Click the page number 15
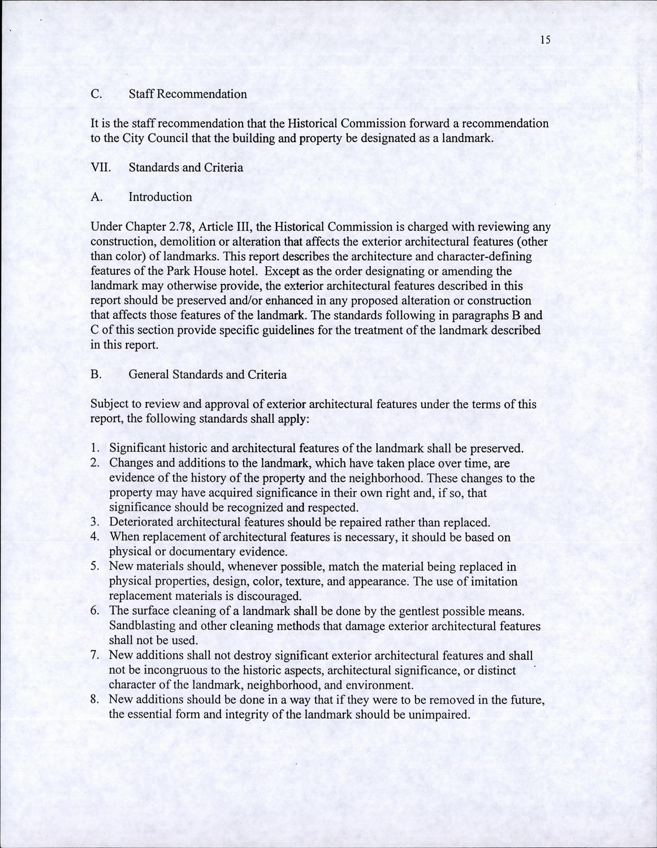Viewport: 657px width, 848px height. [545, 40]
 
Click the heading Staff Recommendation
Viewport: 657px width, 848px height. [188, 94]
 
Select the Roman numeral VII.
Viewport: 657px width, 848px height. [100, 167]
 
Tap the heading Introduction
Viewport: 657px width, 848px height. [160, 197]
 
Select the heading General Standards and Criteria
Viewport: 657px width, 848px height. [208, 374]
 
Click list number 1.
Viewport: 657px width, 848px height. [95, 448]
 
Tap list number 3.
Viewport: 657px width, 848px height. [95, 522]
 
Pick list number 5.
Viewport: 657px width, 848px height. [95, 566]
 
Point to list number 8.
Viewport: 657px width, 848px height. [95, 699]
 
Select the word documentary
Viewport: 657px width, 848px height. [190, 551]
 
